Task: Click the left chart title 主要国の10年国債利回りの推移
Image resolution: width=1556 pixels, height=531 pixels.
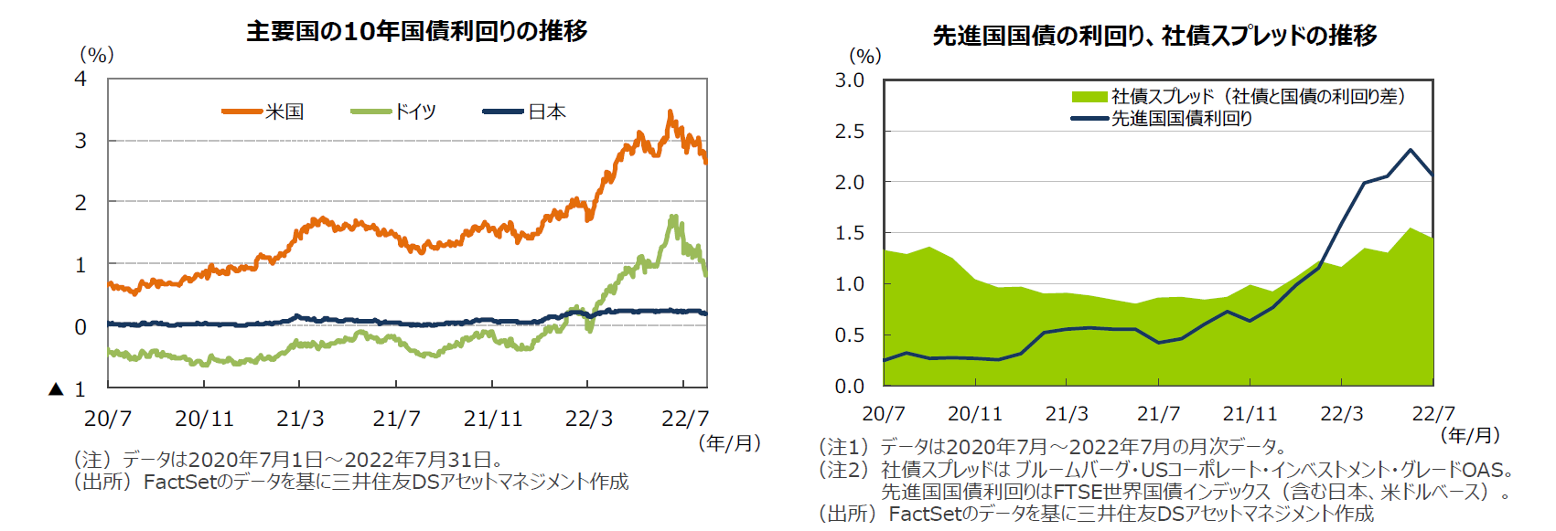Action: (x=416, y=31)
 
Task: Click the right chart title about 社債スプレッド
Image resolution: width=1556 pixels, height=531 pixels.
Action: (x=1154, y=36)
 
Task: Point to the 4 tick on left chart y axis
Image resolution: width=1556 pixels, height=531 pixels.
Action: (x=80, y=80)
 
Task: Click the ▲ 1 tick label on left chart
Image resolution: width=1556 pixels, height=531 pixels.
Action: (x=69, y=389)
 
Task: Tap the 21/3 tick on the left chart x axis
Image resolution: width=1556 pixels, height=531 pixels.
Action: (x=300, y=419)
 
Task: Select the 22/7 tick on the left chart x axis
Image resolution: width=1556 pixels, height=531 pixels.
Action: (x=684, y=419)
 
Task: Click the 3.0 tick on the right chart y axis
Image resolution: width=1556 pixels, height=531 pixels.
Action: (x=849, y=80)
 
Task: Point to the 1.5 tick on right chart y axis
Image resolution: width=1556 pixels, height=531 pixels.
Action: (x=849, y=233)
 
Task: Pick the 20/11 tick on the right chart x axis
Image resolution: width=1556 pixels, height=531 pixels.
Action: (x=974, y=414)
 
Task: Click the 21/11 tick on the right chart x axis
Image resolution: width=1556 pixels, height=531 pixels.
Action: (x=1250, y=414)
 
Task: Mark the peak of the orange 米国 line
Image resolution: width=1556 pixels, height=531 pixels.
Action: (x=671, y=112)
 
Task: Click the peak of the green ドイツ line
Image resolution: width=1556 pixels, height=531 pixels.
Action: (x=674, y=218)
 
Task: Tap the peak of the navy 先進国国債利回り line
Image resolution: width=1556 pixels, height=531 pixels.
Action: (x=1411, y=150)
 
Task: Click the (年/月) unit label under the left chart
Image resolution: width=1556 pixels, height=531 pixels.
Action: (x=729, y=443)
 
